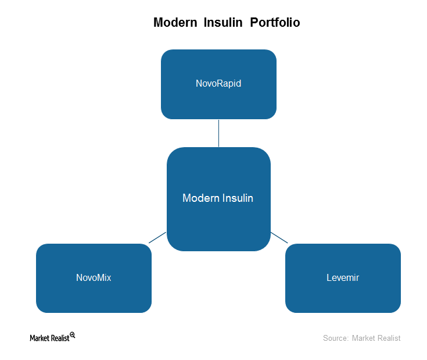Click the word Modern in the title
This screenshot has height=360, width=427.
[x=175, y=22]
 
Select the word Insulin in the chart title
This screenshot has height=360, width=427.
[x=223, y=22]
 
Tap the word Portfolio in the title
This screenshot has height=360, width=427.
[x=275, y=22]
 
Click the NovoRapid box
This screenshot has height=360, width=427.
[x=218, y=84]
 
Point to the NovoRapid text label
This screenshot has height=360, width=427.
[x=218, y=83]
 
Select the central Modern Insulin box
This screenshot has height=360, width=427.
[x=218, y=199]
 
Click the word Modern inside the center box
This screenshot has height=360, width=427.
[x=201, y=198]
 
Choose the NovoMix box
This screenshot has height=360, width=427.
[x=94, y=278]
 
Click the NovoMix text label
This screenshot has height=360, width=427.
[x=94, y=277]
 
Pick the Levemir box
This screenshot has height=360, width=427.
[x=343, y=278]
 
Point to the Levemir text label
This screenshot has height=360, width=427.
[x=343, y=277]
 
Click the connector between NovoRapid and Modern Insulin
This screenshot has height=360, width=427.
[x=218, y=133]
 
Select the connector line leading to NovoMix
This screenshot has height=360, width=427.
[x=157, y=237]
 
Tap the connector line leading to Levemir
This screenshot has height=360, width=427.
[x=279, y=237]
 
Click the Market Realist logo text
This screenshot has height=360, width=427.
[x=49, y=338]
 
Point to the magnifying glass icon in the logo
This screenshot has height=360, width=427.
[x=73, y=335]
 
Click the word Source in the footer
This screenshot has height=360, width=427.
[x=336, y=338]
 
